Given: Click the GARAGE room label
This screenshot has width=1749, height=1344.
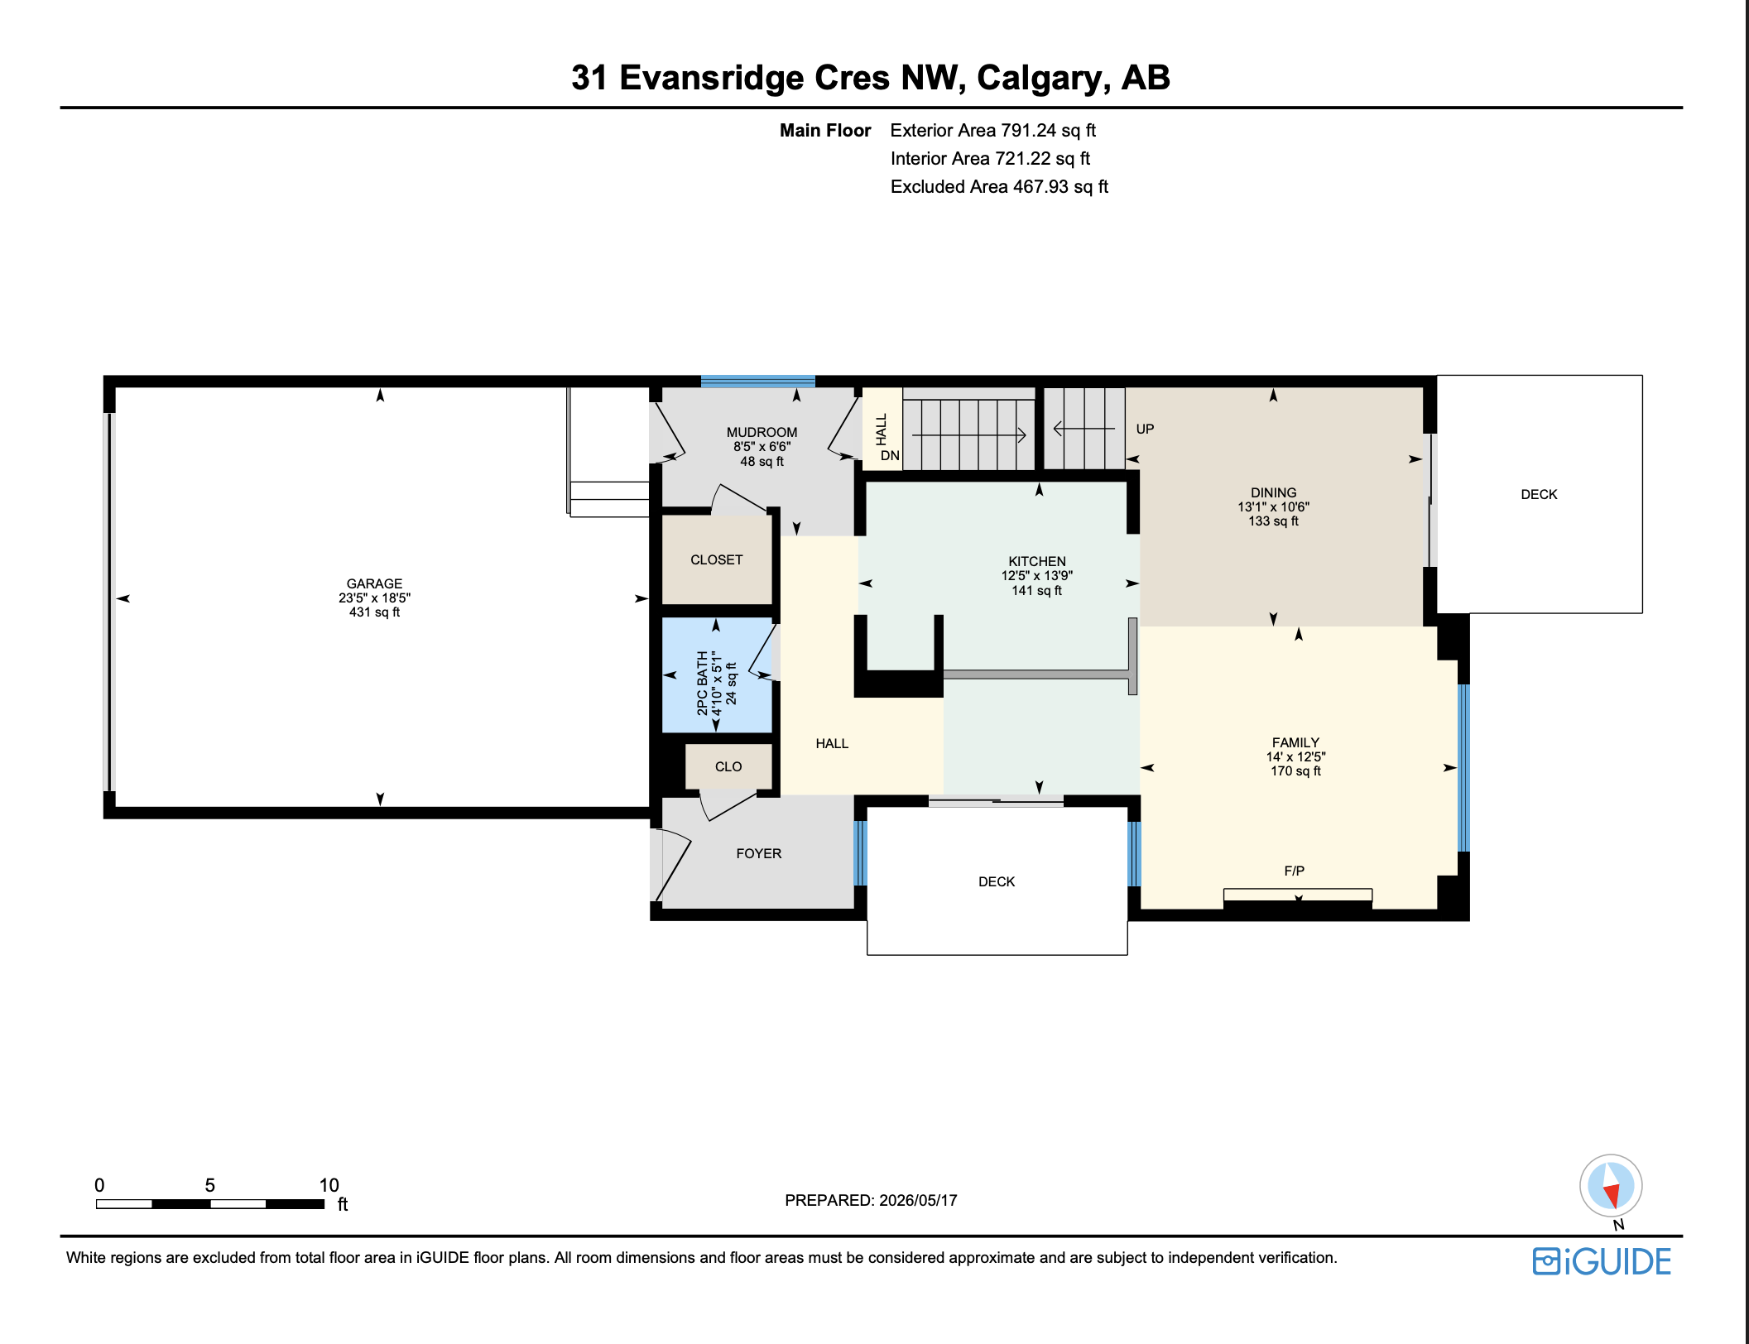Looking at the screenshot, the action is coord(374,583).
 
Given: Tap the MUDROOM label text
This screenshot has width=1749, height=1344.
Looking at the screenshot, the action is coord(762,432).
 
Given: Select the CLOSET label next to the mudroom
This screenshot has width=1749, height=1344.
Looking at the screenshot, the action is coord(717,560).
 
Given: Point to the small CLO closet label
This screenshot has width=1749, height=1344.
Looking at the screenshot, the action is coord(728,767).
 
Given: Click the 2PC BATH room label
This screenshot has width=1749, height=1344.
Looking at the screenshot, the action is coord(703,683).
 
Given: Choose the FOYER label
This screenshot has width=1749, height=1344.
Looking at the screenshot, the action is coord(759,853).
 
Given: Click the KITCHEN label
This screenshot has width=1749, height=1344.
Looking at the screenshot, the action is coord(1037,561).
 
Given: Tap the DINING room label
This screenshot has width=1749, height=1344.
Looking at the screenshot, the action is coord(1274,492).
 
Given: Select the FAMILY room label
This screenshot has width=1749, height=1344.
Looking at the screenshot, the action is coord(1296,742).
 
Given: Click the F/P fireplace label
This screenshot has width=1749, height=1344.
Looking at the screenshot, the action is coord(1295,871).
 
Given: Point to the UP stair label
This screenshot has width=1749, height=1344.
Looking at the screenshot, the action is coord(1145,429).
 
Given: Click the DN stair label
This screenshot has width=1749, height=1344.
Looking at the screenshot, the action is coord(890,455).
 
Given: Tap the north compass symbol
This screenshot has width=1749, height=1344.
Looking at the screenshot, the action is coord(1611,1186).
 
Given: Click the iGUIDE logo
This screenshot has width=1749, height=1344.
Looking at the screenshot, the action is coord(1602,1261).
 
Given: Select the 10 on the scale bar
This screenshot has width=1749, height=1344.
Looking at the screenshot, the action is coord(329,1185).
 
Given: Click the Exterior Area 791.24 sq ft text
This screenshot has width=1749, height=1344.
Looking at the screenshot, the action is coord(992,131).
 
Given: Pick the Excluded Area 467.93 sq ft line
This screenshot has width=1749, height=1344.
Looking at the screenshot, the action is coord(999,187).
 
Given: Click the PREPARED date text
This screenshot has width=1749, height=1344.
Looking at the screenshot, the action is coord(871,1200).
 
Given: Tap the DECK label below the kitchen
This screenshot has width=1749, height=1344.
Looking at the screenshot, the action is coord(997,881).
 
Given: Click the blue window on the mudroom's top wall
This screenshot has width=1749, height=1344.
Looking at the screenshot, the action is coord(758,382).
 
